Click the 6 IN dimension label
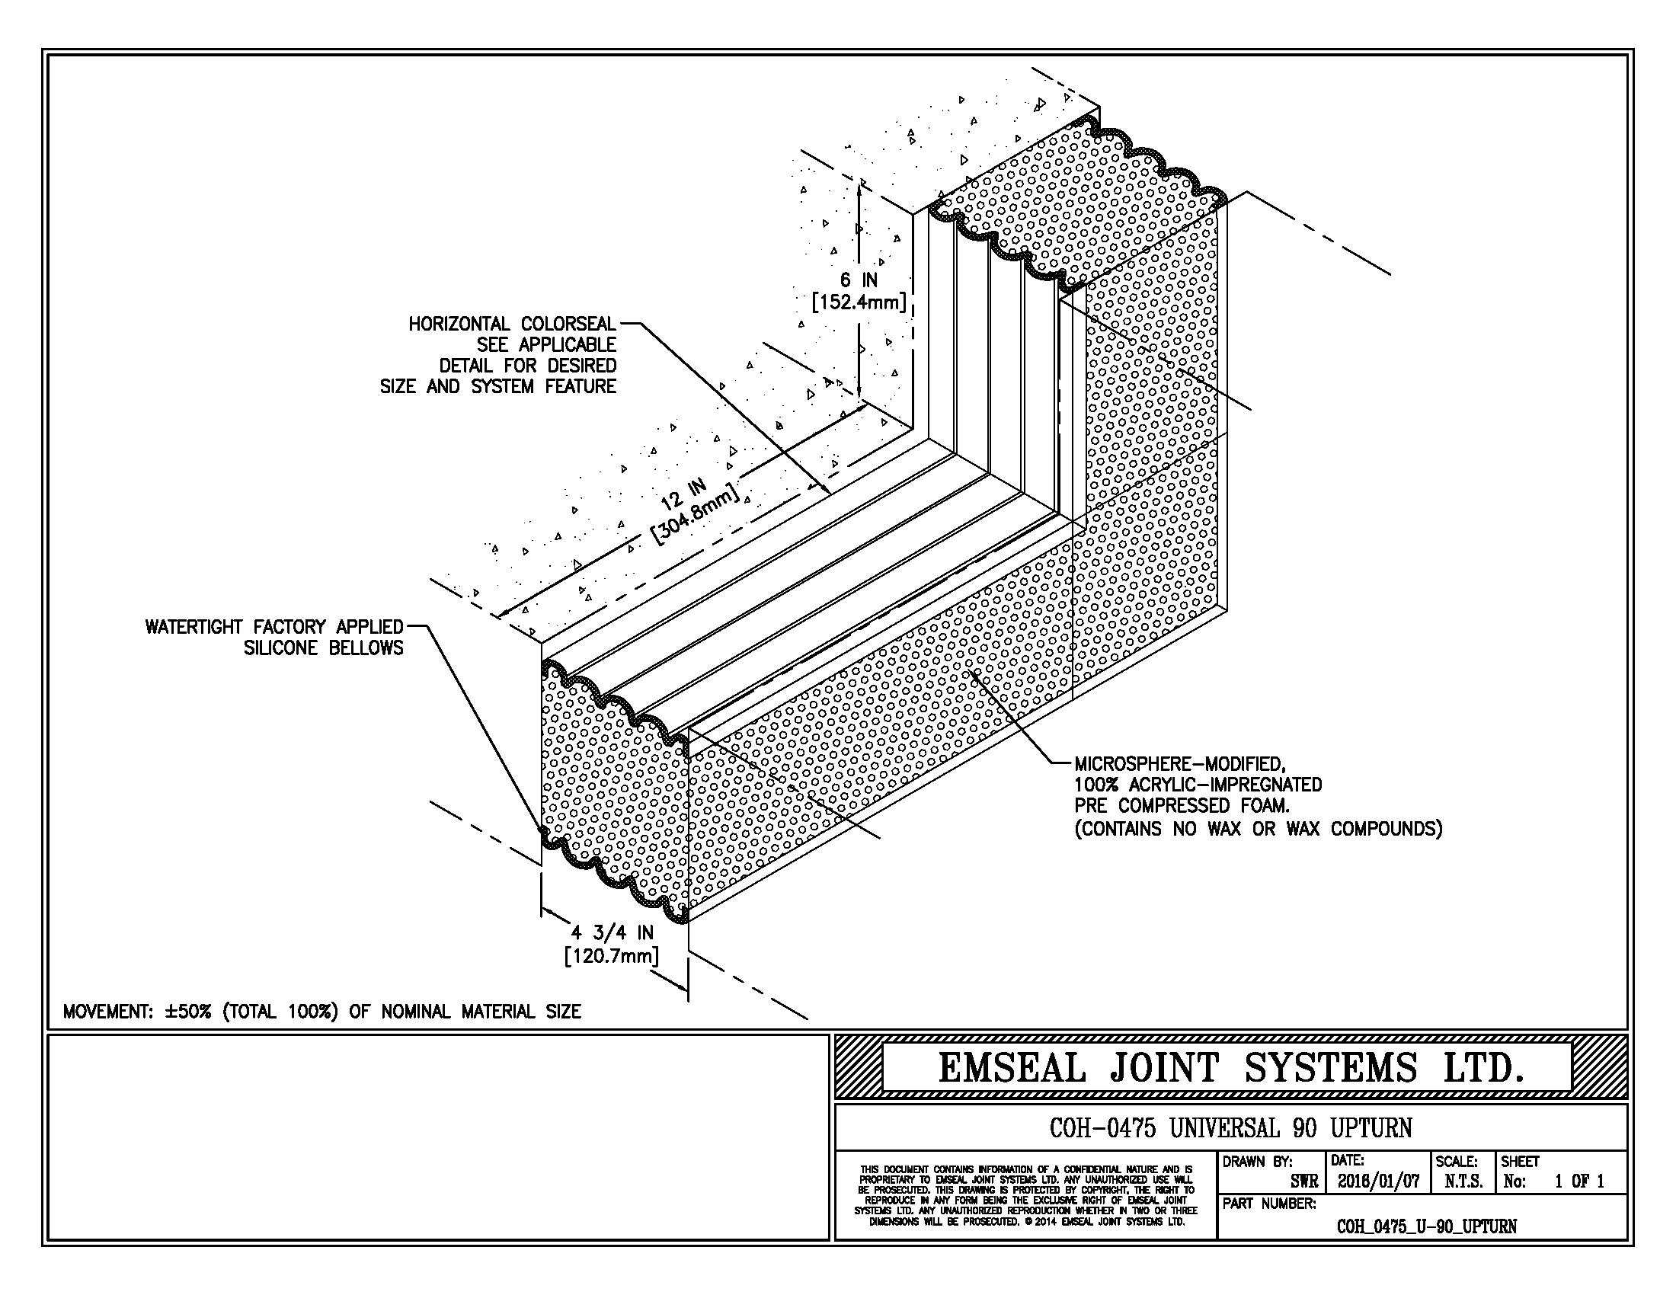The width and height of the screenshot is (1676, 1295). tap(859, 281)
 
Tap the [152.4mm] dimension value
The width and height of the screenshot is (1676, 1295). tap(859, 302)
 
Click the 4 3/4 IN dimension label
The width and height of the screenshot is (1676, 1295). tap(612, 933)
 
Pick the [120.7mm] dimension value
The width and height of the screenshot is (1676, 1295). tap(612, 956)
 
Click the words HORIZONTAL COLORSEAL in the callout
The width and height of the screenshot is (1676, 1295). tap(512, 325)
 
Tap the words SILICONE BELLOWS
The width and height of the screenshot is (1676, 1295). tap(323, 648)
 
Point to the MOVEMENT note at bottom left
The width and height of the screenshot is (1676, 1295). tap(321, 1012)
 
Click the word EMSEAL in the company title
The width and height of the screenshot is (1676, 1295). tap(1012, 1068)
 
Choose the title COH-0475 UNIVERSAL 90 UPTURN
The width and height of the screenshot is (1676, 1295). tap(1230, 1127)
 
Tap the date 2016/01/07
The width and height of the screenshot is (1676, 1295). tap(1378, 1181)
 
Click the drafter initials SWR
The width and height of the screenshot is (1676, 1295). tap(1303, 1182)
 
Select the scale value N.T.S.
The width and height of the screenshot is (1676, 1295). tap(1463, 1181)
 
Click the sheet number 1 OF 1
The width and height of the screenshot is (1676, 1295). tap(1579, 1181)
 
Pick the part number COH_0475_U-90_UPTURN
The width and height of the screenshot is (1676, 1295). tap(1427, 1226)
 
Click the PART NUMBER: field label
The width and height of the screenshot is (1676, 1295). tap(1269, 1204)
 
